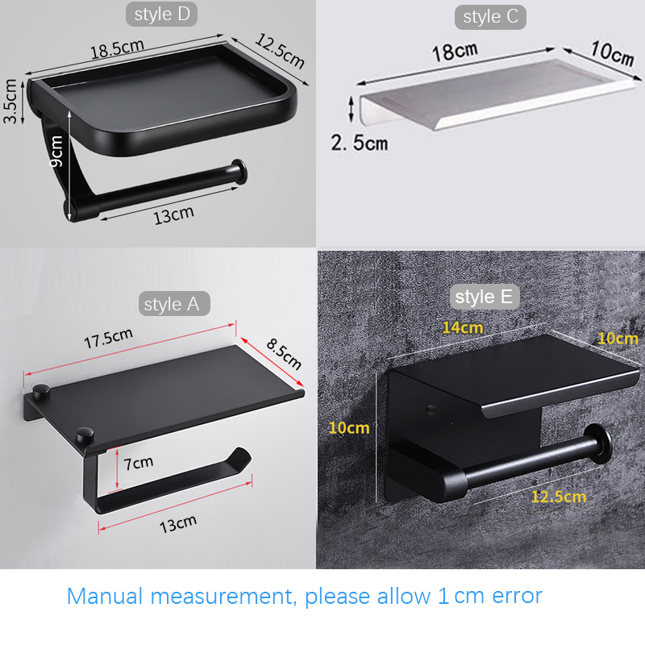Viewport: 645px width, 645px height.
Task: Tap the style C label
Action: (490, 17)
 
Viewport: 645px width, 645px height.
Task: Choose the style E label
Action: (484, 297)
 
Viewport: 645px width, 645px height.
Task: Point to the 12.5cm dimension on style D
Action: (280, 51)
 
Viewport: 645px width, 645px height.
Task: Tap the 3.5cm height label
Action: (10, 101)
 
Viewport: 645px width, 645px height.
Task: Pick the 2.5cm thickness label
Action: (359, 144)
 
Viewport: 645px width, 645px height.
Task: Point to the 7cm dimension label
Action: (138, 463)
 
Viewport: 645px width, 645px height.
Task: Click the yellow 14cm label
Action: (462, 327)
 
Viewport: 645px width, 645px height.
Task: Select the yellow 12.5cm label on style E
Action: (558, 496)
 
